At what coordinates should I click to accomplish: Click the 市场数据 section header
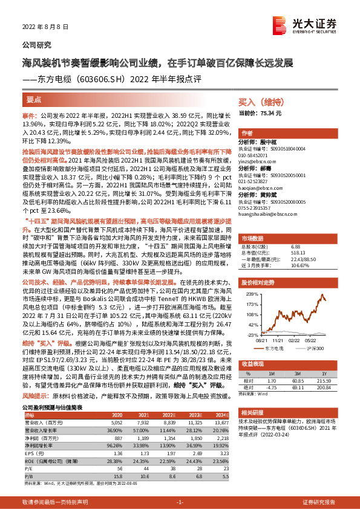254,238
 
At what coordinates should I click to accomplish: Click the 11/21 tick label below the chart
278,341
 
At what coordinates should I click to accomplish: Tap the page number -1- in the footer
180,503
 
